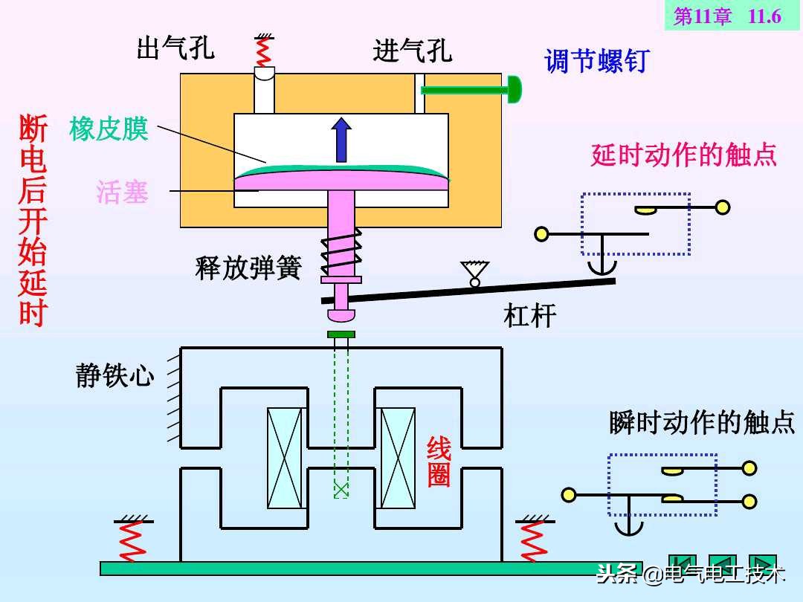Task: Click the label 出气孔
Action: (x=175, y=48)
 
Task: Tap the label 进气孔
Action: (x=412, y=51)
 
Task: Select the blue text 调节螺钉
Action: (x=597, y=61)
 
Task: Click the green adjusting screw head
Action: (x=514, y=90)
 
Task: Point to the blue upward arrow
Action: (x=341, y=139)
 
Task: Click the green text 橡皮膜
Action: (x=109, y=129)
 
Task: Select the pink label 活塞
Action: (x=122, y=192)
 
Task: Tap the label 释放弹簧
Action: (x=248, y=268)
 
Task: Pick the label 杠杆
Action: (x=530, y=316)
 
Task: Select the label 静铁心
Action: (x=115, y=375)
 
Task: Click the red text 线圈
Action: (x=439, y=462)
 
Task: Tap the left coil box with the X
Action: (x=286, y=458)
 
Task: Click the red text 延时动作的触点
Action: (x=683, y=155)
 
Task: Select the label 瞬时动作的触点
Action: (x=701, y=422)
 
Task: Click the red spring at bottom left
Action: (x=132, y=540)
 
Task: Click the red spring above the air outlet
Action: (x=262, y=51)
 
